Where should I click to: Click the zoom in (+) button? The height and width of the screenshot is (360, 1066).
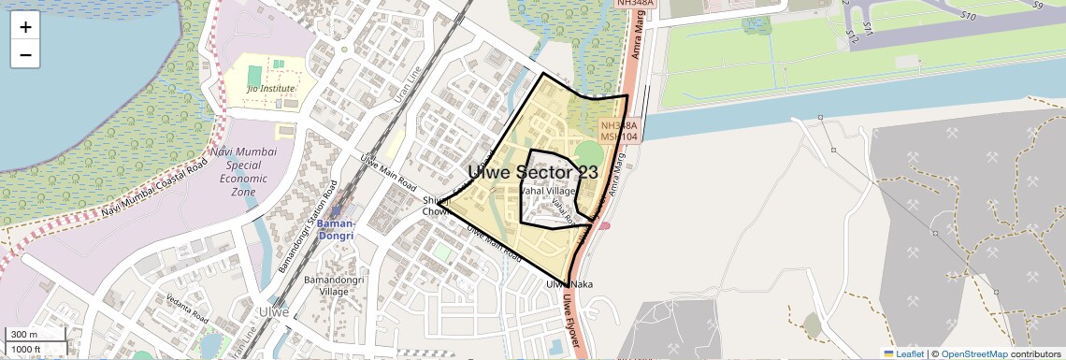[25, 26]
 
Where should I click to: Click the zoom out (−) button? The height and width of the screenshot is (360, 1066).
[25, 54]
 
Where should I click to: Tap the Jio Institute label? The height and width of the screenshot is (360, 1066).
[270, 88]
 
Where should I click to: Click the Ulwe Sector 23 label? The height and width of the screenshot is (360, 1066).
[533, 172]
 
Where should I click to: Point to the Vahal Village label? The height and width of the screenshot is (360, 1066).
[549, 191]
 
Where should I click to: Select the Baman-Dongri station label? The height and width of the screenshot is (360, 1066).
[336, 229]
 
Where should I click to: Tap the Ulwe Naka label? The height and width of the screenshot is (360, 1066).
[569, 283]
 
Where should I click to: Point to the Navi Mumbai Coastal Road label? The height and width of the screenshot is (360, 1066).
[154, 195]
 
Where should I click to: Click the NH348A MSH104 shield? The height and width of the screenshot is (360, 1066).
[619, 131]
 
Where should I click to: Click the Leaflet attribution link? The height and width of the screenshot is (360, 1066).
[903, 353]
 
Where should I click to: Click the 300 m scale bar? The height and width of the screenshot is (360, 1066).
[36, 334]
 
